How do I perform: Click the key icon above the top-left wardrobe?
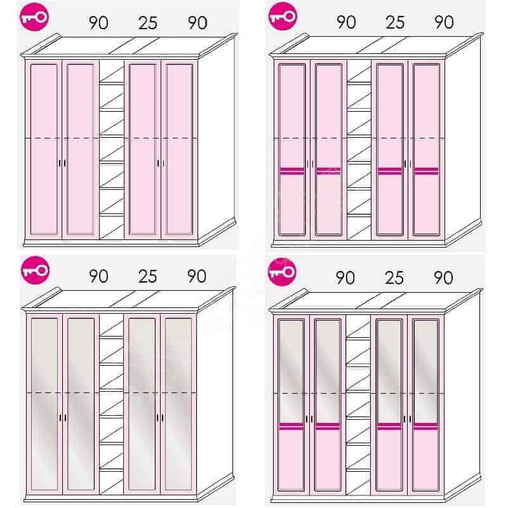(34, 17)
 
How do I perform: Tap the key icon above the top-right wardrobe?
(283, 17)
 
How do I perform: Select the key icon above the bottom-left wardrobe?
(35, 271)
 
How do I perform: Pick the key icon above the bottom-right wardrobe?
(282, 272)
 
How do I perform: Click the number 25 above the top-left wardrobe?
(148, 23)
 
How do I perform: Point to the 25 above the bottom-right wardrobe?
(394, 278)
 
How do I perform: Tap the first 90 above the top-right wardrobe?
(346, 22)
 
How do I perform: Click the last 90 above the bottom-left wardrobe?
(197, 276)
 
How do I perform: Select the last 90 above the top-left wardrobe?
(197, 23)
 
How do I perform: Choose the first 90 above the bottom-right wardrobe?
(345, 278)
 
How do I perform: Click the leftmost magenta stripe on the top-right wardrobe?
(292, 171)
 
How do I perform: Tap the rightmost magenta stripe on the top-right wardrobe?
(426, 171)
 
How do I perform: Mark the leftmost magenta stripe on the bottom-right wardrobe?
(291, 426)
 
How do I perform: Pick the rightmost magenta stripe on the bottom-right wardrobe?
(425, 426)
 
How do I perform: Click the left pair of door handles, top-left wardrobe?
(62, 163)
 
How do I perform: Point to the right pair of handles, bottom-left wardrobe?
(160, 418)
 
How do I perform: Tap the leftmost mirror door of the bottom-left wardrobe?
(44, 404)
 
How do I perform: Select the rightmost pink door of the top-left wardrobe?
(179, 149)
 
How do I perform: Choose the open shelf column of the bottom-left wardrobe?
(111, 404)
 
